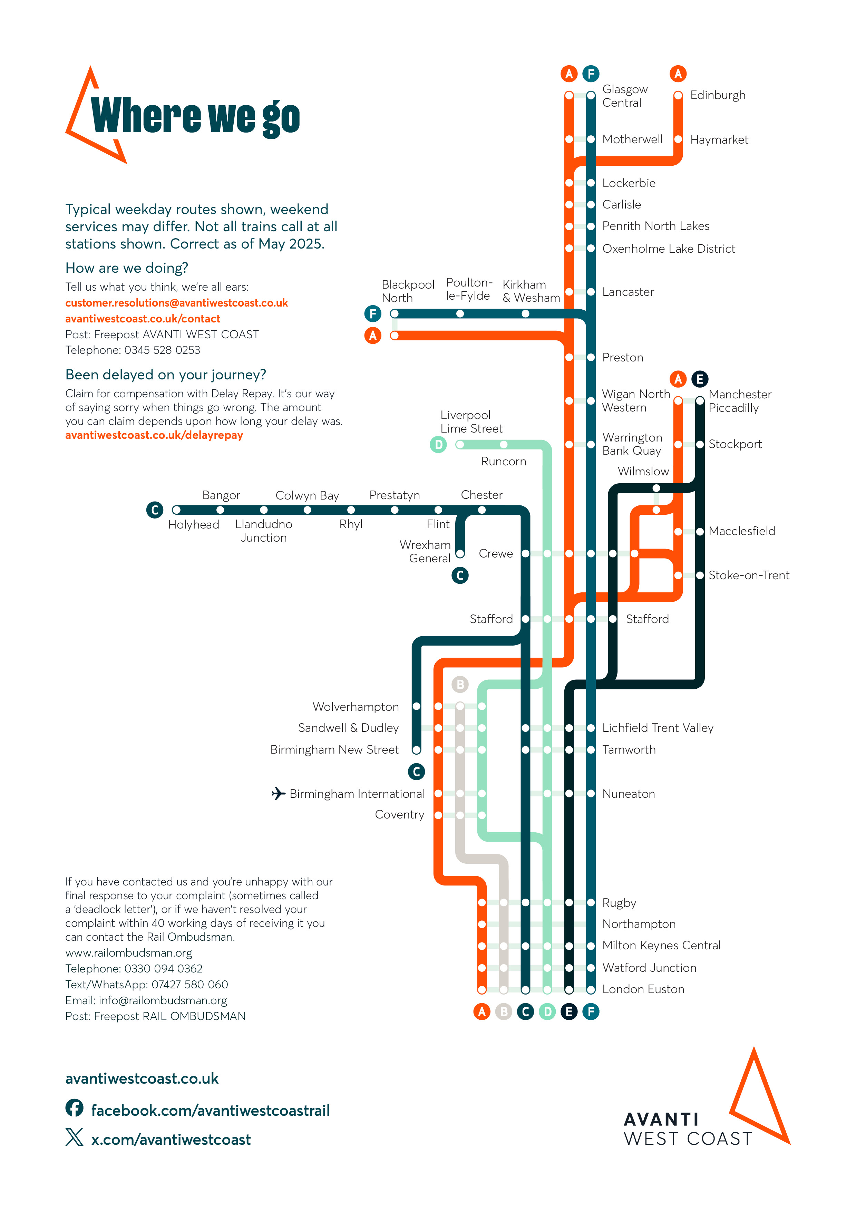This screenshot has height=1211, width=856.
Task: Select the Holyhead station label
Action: (194, 525)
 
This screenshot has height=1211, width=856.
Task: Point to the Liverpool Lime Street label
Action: (471, 422)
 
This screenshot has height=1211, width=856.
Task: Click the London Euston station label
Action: (643, 989)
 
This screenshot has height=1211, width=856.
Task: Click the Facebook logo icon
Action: (74, 1108)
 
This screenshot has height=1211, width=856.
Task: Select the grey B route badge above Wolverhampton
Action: (460, 685)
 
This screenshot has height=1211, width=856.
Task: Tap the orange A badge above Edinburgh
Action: (678, 74)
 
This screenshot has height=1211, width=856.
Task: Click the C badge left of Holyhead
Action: (155, 510)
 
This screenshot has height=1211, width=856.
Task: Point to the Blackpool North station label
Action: (408, 291)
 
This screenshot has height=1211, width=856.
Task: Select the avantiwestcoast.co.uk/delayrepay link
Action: (154, 436)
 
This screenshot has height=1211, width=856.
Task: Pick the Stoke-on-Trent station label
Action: (748, 575)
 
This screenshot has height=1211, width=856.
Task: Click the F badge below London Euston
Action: (591, 1011)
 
